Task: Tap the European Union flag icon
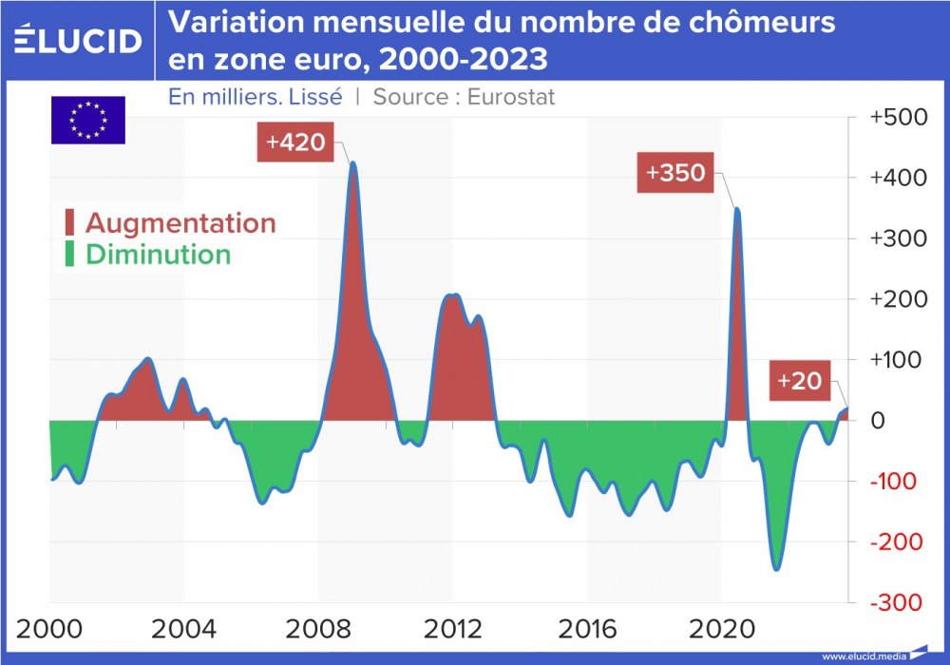click(87, 121)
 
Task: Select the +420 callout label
click(295, 143)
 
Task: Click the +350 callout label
click(674, 175)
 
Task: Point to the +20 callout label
click(799, 379)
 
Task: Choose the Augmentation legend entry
click(170, 223)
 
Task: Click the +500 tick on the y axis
click(898, 117)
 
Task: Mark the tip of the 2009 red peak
click(353, 162)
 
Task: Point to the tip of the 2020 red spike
click(737, 208)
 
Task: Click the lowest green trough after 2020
click(776, 570)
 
